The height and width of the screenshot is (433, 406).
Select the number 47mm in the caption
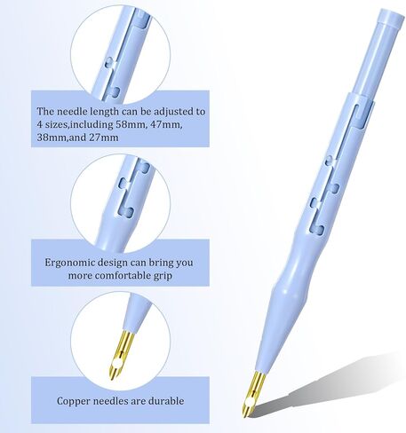click(x=166, y=124)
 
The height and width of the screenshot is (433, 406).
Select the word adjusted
click(x=174, y=112)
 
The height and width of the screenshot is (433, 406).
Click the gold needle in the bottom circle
click(x=119, y=354)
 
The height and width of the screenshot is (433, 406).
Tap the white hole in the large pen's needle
click(x=249, y=402)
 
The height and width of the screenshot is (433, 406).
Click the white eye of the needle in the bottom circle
click(x=116, y=364)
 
